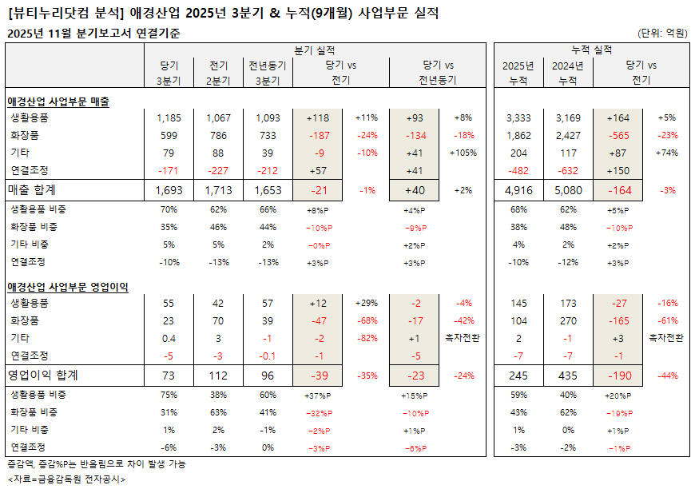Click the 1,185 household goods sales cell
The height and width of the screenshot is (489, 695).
169,118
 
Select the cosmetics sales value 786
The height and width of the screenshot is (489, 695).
218,135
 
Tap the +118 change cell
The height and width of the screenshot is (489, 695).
318,118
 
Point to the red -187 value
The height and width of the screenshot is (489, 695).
318,135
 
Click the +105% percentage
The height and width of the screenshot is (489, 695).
464,153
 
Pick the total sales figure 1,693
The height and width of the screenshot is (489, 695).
169,190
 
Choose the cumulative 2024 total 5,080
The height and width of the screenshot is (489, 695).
568,190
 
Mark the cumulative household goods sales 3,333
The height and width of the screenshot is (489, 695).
518,118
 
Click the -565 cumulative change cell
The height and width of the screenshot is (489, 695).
618,135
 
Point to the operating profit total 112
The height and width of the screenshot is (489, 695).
218,375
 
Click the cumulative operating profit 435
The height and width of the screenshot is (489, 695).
568,375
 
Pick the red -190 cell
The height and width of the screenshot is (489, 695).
618,375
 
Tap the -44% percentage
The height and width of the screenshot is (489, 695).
668,376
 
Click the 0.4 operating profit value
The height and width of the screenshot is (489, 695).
169,338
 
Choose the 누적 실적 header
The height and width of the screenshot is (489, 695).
592,50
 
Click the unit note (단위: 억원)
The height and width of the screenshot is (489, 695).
662,33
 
